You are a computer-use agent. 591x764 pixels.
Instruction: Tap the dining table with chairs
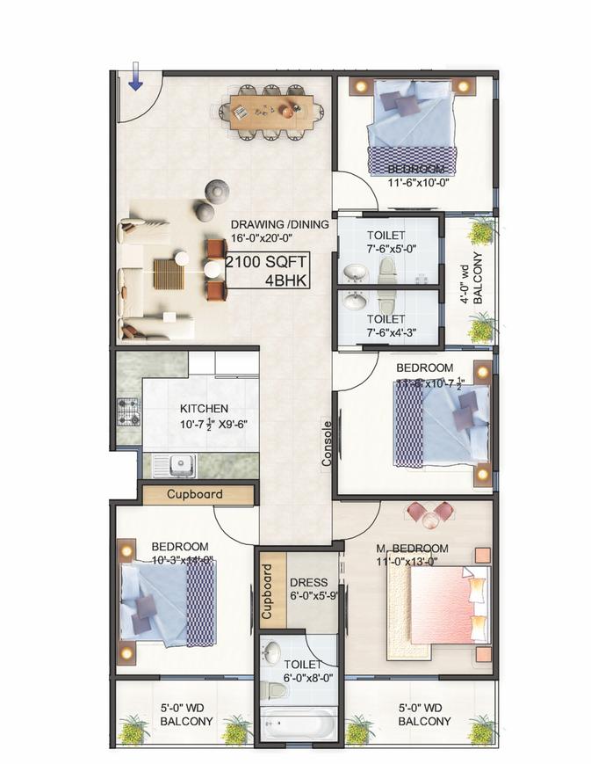click(x=266, y=112)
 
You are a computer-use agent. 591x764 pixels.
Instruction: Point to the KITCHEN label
click(x=204, y=409)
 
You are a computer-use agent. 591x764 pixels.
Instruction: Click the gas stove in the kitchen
click(x=128, y=412)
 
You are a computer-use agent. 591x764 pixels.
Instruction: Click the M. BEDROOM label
click(x=409, y=548)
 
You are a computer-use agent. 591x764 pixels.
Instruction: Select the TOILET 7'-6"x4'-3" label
click(x=386, y=325)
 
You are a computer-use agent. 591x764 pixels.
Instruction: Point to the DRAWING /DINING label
click(x=279, y=224)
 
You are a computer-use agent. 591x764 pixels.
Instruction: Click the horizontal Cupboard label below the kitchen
click(x=195, y=494)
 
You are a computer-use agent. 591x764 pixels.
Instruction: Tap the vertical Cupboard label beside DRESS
click(x=269, y=586)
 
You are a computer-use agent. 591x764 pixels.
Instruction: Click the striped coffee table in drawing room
click(x=167, y=273)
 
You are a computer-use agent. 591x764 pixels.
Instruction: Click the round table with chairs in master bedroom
click(x=430, y=516)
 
